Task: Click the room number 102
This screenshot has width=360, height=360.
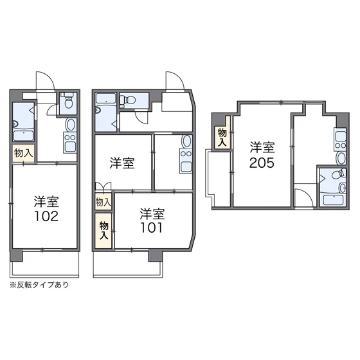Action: point(46,216)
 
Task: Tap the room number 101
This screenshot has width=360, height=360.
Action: point(151,228)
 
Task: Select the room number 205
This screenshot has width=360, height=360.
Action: point(262,163)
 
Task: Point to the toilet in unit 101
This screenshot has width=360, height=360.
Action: point(128,100)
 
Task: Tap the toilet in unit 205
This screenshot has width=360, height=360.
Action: point(339,174)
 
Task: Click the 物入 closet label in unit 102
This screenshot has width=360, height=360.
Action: point(23,153)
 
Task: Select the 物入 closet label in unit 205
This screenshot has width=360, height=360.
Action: point(222,138)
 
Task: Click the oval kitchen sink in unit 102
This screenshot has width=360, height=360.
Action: point(70,125)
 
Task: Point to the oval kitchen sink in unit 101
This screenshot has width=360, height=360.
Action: point(186,141)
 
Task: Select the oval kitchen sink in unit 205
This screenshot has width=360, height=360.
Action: point(341,158)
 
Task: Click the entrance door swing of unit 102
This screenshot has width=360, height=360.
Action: point(46,81)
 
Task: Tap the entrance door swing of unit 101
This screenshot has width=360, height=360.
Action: point(175,81)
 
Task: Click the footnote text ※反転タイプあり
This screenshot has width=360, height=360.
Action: point(39,285)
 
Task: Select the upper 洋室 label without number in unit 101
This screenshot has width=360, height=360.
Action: point(122,163)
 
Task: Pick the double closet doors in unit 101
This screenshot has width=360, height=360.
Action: point(103,186)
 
